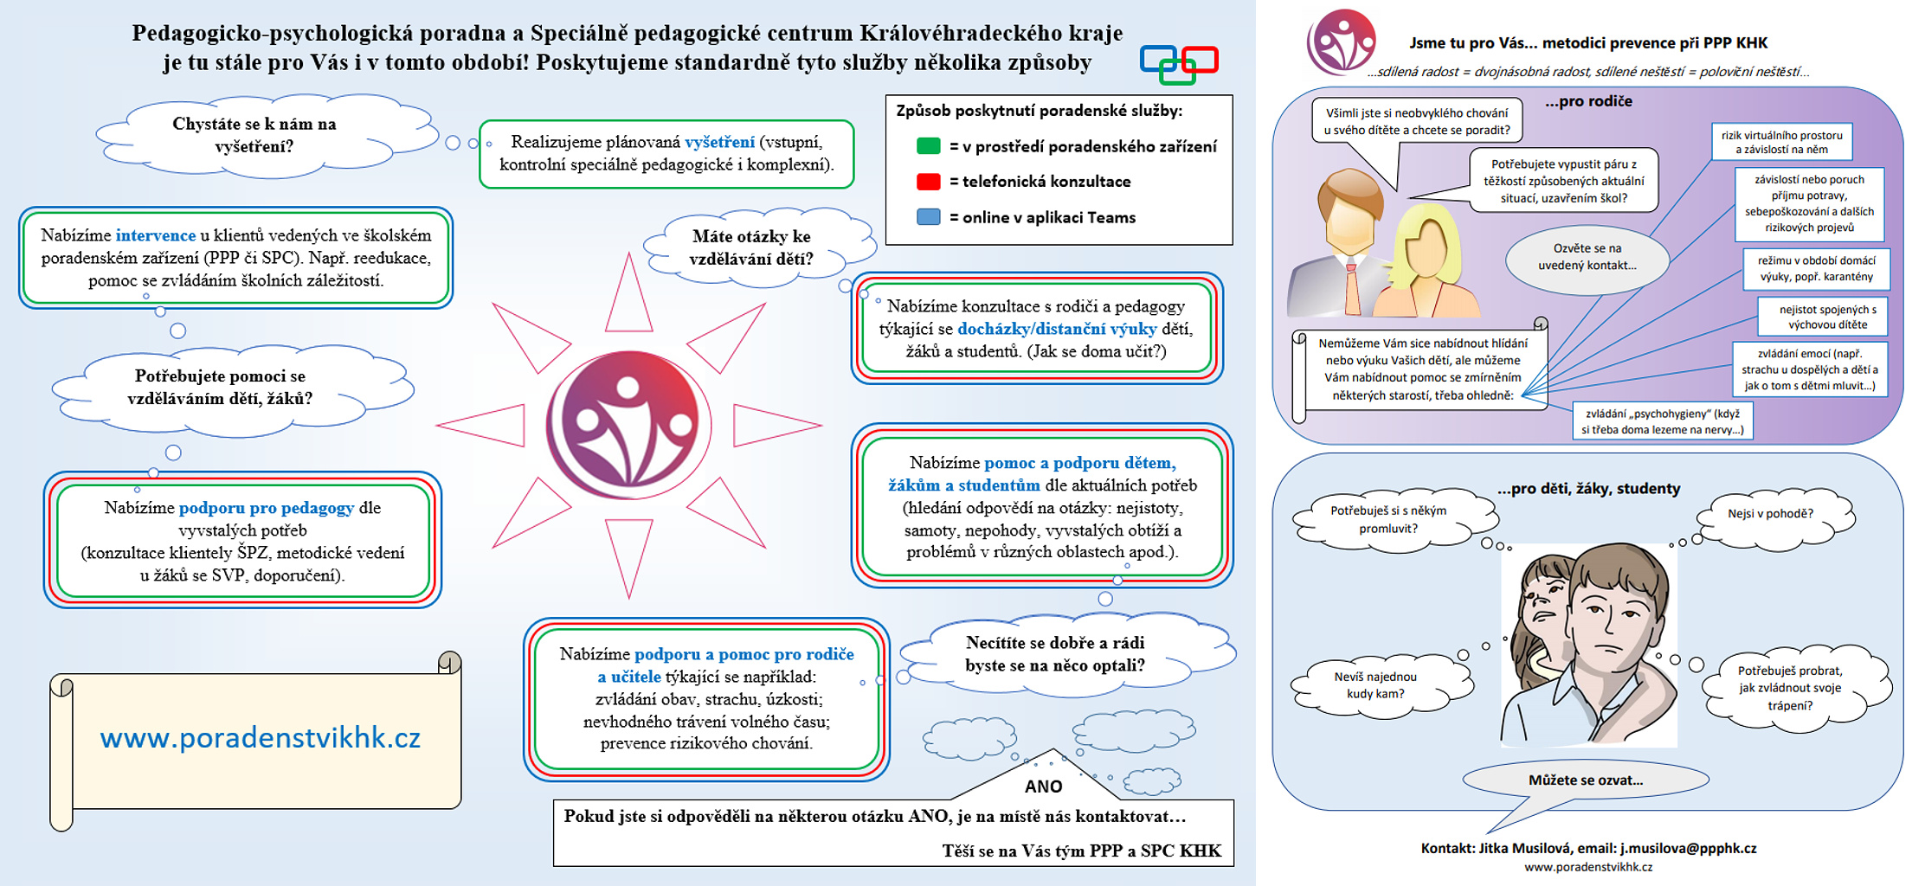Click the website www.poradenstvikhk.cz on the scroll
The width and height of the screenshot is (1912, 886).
[260, 738]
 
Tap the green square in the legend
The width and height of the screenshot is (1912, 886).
[928, 146]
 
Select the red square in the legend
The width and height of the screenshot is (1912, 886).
[928, 182]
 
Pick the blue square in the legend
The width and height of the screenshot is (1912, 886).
[928, 217]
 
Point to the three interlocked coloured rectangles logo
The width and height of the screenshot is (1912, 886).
[1179, 64]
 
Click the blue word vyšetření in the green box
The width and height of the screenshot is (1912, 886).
[719, 142]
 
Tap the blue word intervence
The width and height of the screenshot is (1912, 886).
[156, 235]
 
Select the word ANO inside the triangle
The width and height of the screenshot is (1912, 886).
[1043, 786]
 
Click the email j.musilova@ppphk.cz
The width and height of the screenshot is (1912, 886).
[1688, 848]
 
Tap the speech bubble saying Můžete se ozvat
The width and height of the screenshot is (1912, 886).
[1586, 780]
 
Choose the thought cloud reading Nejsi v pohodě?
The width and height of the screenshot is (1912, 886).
[1774, 517]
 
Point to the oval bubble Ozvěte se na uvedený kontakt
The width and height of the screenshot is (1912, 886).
[1587, 257]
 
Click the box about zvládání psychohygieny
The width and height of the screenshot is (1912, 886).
[1663, 421]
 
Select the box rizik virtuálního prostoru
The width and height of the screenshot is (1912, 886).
[1781, 142]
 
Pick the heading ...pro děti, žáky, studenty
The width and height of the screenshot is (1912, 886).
[1588, 489]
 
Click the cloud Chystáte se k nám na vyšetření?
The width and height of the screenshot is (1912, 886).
[254, 135]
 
